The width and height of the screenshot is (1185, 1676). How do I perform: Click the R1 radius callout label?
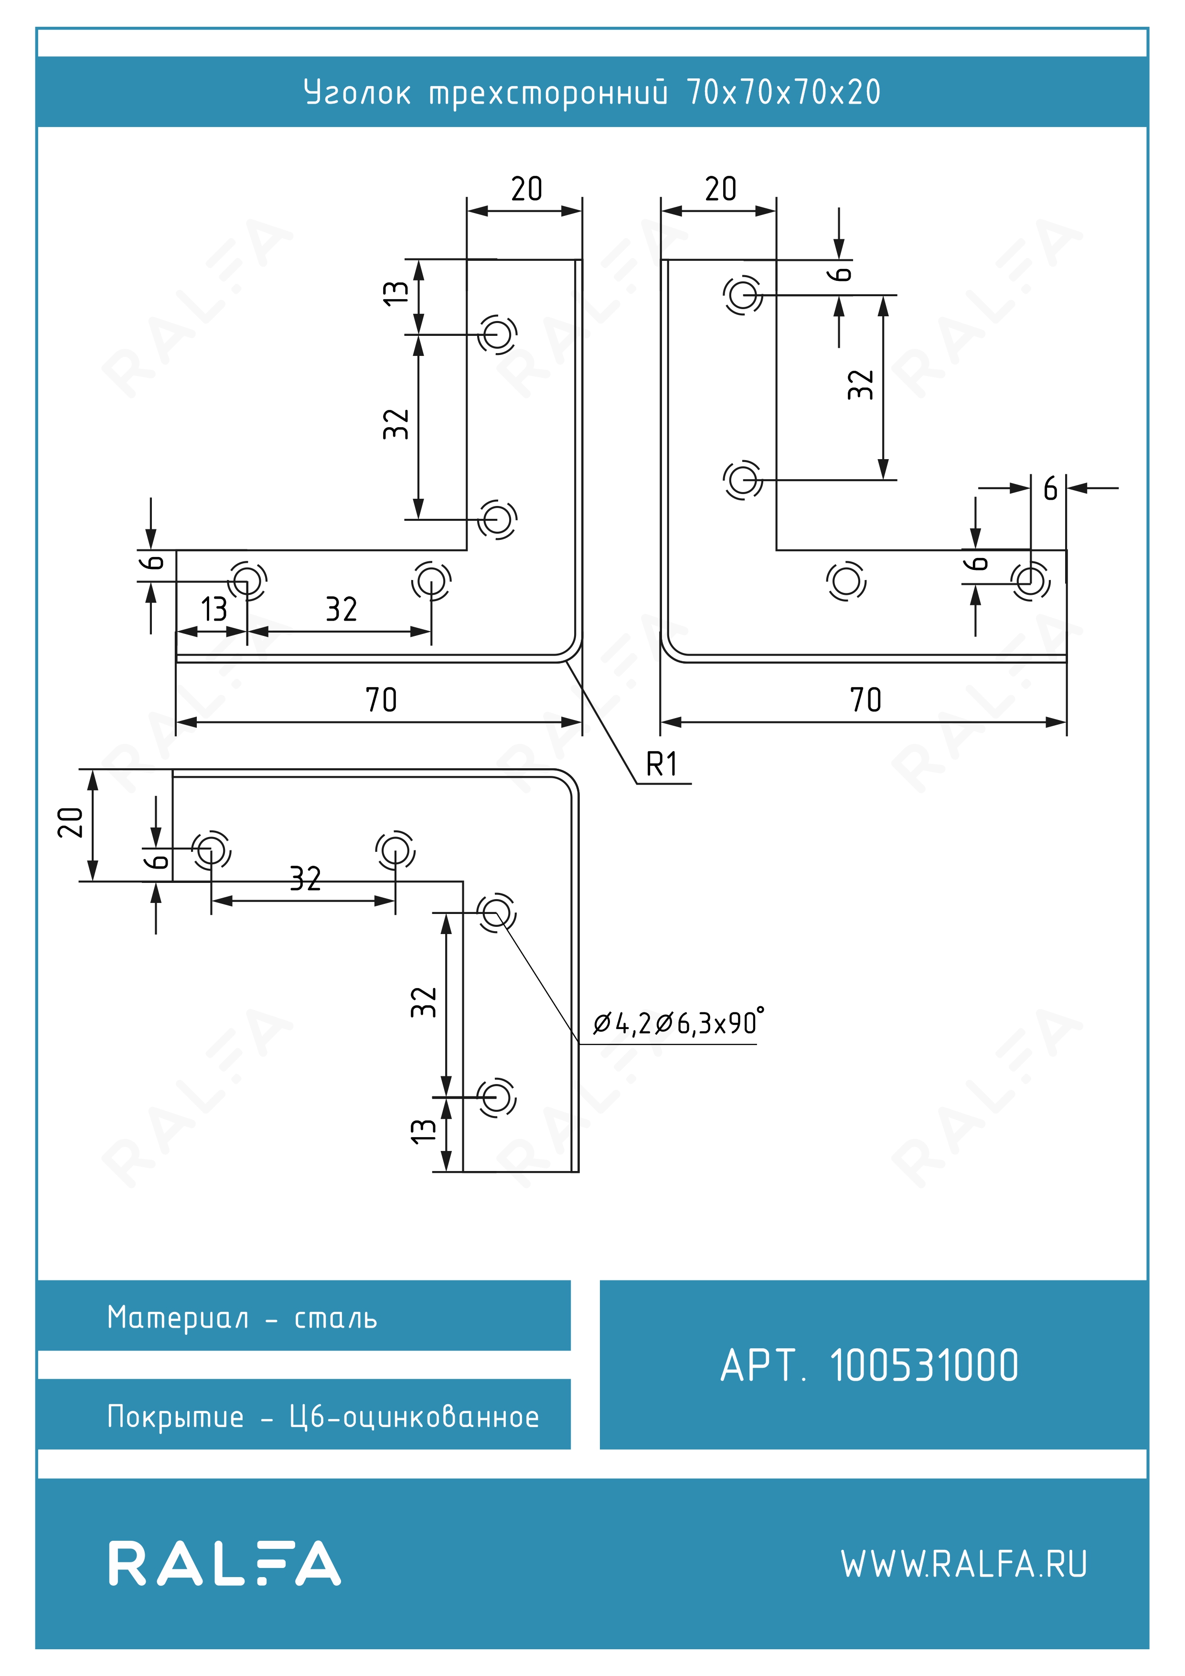click(662, 764)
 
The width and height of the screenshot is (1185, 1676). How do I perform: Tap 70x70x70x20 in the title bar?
click(784, 92)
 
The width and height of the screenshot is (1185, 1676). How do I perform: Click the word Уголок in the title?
click(357, 93)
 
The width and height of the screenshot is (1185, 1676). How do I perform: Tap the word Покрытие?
click(175, 1417)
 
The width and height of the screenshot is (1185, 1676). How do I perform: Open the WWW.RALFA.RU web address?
click(964, 1564)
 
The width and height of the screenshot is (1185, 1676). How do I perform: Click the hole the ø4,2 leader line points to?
click(497, 913)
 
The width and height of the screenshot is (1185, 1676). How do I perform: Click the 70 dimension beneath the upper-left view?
click(381, 699)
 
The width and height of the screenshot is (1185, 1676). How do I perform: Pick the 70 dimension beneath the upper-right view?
click(865, 699)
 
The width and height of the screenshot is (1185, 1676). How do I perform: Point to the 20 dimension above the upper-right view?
click(720, 189)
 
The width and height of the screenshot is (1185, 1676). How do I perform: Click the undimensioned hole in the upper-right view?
click(846, 582)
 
